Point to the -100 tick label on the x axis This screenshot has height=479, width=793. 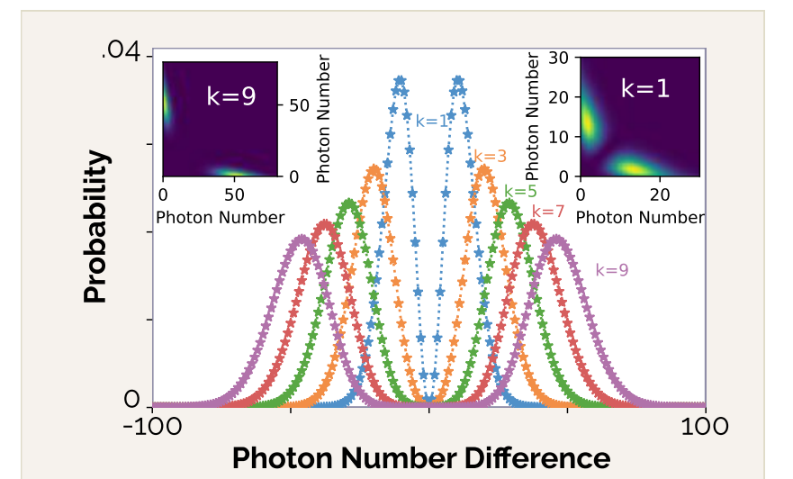click(151, 427)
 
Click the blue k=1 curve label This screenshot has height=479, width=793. click(431, 120)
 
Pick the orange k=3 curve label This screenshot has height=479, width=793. click(490, 156)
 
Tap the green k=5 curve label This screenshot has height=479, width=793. click(520, 191)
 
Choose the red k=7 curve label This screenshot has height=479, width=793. click(547, 211)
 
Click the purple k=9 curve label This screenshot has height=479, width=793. click(612, 269)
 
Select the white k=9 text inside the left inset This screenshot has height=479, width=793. click(231, 95)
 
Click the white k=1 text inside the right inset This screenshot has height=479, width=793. click(645, 87)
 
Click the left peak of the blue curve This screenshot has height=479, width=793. click(400, 81)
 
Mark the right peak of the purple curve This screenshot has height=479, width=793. click(557, 239)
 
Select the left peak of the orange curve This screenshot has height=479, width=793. click(375, 169)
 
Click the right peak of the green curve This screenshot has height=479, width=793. click(509, 203)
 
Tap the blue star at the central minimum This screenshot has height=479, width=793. click(429, 398)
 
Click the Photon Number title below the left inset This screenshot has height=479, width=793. click(221, 217)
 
